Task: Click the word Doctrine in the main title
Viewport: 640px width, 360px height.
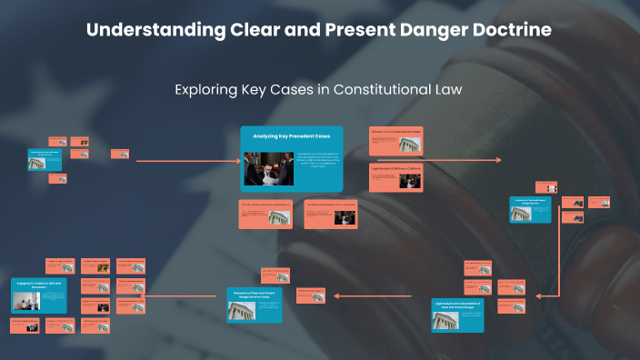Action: (x=506, y=30)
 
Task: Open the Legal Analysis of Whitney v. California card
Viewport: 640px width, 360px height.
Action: (x=396, y=178)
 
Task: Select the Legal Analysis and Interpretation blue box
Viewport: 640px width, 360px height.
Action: (x=457, y=314)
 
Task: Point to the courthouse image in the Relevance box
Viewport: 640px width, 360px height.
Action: (x=243, y=308)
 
